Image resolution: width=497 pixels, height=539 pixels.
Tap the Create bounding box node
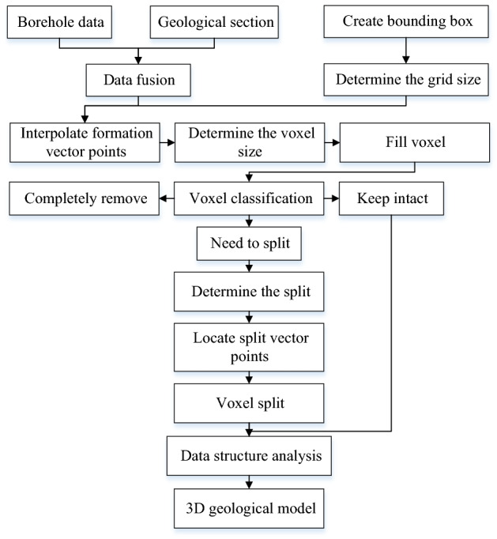407,22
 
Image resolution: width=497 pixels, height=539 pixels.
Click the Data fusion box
139,80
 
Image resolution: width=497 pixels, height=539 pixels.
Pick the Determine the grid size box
407,80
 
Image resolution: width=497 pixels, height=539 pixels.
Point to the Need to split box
250,244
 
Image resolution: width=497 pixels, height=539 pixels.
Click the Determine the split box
250,292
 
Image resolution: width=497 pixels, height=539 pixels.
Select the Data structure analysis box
250,456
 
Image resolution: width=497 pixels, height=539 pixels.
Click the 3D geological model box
250,509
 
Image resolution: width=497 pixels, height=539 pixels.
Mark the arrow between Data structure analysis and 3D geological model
250,482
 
